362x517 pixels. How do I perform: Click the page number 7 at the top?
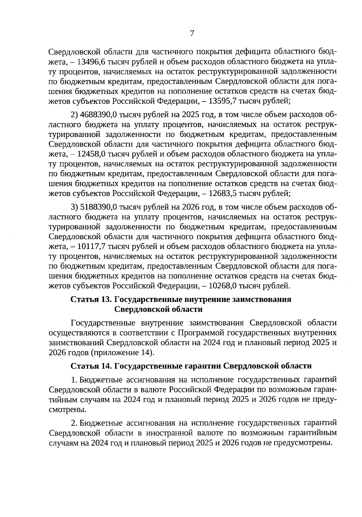[x=192, y=34]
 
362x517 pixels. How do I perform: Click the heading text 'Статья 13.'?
[x=91, y=299]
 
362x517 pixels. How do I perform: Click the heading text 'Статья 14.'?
[x=91, y=366]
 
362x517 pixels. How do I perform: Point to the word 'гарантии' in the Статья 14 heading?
[x=203, y=366]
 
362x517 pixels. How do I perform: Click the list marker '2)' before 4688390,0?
[x=74, y=115]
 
